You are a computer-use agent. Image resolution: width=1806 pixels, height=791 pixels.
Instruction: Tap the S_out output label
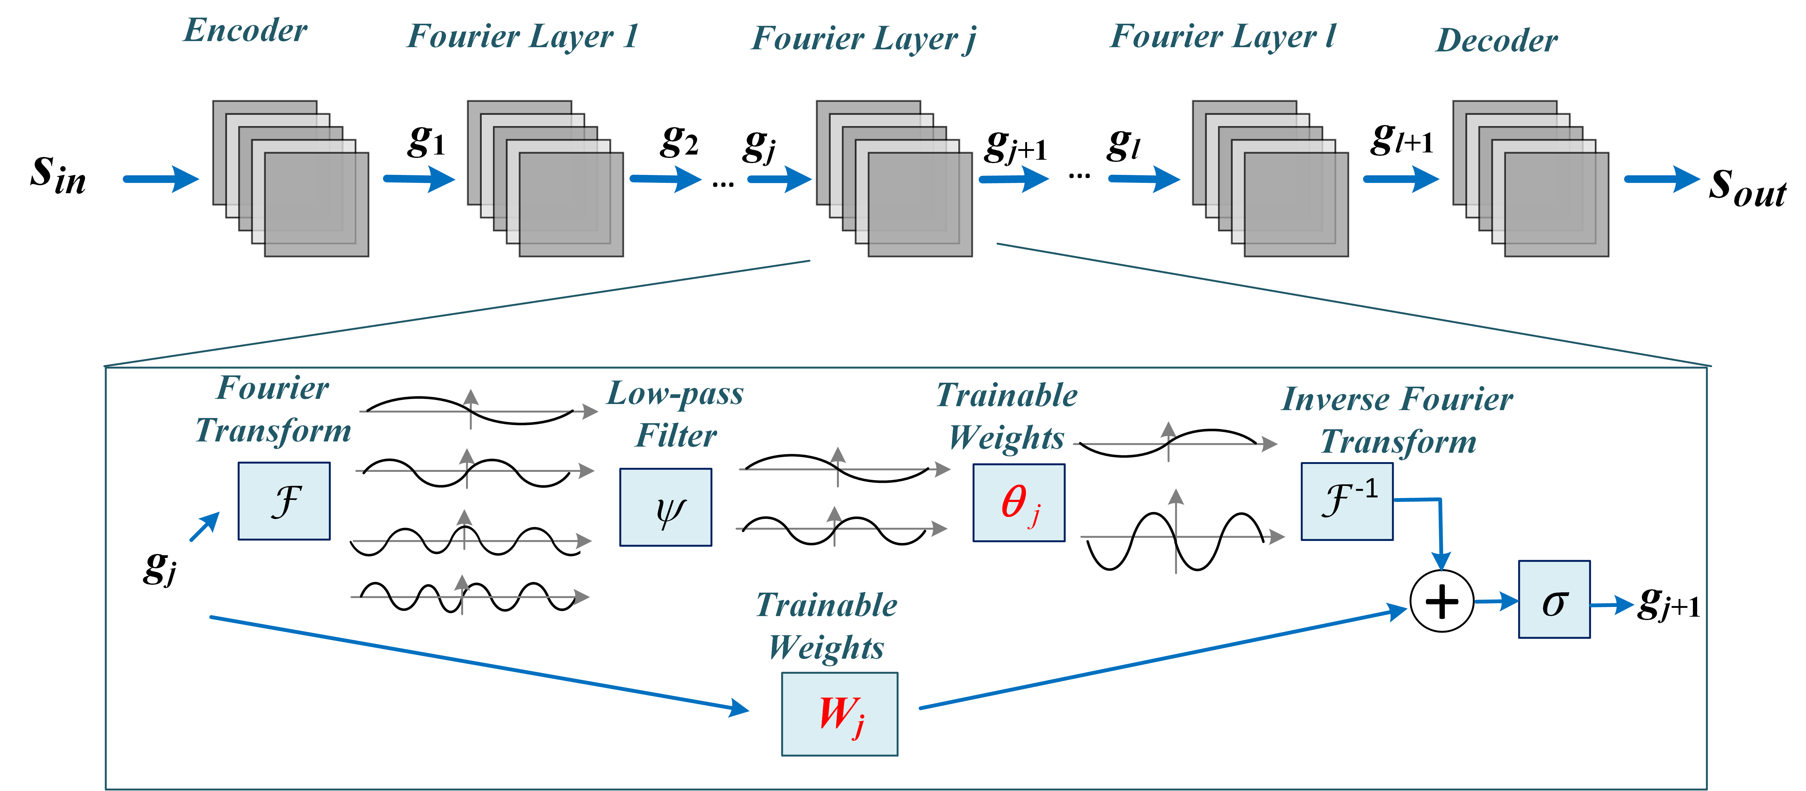click(x=1747, y=186)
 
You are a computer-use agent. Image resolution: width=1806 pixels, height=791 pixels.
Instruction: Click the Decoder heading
click(x=1497, y=40)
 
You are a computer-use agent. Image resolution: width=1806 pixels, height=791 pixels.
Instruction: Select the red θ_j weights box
click(x=1019, y=502)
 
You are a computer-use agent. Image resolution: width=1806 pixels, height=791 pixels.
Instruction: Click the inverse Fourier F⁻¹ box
click(x=1347, y=501)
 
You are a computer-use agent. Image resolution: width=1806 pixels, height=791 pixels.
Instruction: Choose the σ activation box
click(x=1554, y=599)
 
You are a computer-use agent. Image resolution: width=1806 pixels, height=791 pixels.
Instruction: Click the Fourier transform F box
click(x=284, y=501)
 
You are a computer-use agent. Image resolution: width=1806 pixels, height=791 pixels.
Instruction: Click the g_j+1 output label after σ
click(x=1669, y=603)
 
